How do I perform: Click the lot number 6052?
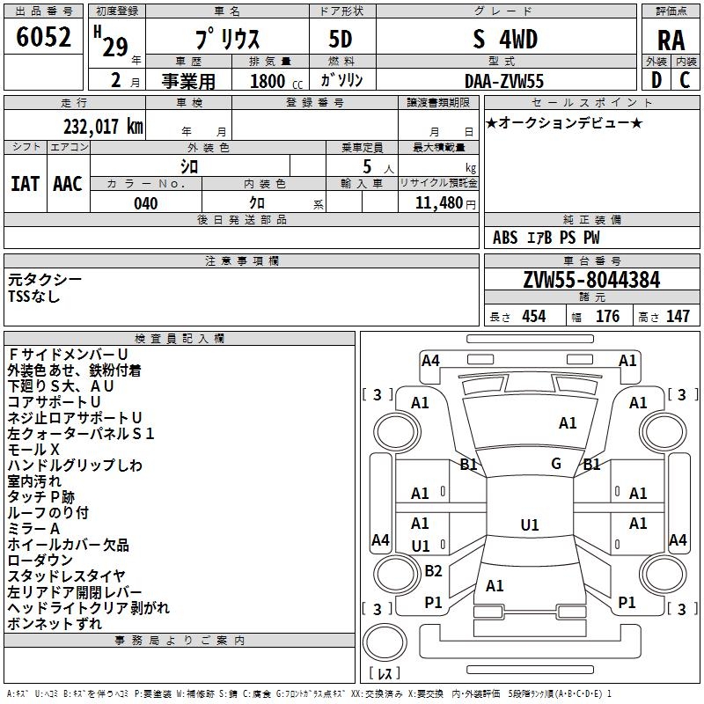tap(43, 37)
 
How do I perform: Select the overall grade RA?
tap(671, 40)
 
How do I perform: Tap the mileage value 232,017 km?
tap(103, 127)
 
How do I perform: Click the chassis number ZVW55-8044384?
tap(591, 280)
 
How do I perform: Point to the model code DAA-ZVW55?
tap(504, 81)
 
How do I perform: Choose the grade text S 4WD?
tap(505, 40)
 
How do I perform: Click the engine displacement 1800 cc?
tap(276, 81)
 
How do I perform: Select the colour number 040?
tap(146, 203)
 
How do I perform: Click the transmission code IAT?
tap(26, 184)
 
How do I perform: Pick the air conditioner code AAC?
tap(68, 184)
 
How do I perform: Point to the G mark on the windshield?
tap(556, 464)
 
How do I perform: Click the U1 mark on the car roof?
tap(530, 524)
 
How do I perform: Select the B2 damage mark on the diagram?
tap(433, 570)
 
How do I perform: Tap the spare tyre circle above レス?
tap(385, 642)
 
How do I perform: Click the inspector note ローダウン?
tap(40, 561)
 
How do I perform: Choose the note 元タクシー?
tap(45, 280)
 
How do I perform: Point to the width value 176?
tap(607, 317)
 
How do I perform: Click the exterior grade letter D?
tap(656, 80)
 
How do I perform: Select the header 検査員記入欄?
tap(180, 339)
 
